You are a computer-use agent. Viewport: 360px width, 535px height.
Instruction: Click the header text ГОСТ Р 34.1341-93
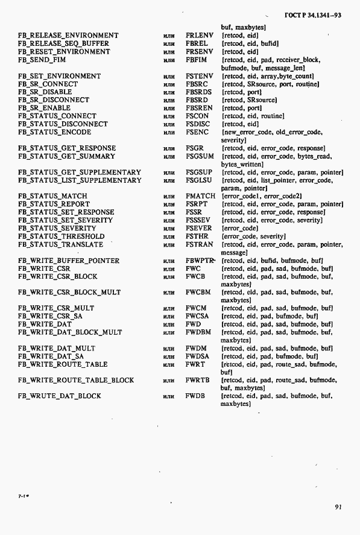pos(311,15)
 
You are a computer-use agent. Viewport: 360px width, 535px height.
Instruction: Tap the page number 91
pos(338,507)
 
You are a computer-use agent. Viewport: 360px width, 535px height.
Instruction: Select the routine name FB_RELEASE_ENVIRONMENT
pos(68,36)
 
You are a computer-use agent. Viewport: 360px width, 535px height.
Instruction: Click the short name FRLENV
pos(200,36)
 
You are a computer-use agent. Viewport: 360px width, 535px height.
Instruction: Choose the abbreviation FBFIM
pos(197,60)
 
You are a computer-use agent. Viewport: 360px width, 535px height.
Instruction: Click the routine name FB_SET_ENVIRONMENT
pos(60,77)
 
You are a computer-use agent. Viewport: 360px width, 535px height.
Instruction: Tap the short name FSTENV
pos(199,77)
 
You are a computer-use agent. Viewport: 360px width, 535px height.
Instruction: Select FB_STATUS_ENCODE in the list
pos(55,132)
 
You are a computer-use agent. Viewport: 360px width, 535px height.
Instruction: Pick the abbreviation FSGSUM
pos(199,156)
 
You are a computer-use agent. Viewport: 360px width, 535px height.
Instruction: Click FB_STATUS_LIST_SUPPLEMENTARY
pos(80,180)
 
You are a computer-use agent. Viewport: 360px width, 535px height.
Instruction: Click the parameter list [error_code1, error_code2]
pos(262,196)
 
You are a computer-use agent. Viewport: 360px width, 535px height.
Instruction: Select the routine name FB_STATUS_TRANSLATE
pos(60,244)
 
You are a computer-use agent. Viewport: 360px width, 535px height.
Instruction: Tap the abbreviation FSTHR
pos(197,236)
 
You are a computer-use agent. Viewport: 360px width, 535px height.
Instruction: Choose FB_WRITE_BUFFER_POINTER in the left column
pos(69,261)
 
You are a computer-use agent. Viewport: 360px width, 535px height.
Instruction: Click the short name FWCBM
pos(198,293)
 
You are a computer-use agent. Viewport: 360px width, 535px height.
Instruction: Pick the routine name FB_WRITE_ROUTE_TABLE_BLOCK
pos(76,381)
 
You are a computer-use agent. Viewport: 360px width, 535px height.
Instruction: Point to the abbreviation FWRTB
pos(197,381)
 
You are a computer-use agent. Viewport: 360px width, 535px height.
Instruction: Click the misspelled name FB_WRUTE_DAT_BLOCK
pos(60,396)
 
